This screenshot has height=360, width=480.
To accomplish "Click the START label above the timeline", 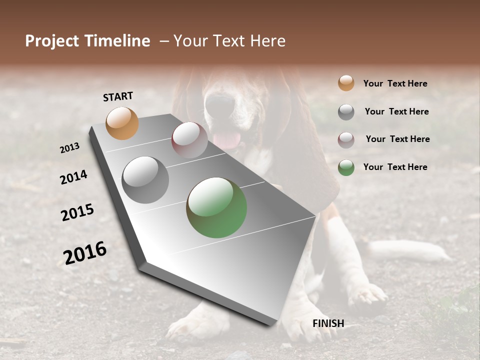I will pos(118,96).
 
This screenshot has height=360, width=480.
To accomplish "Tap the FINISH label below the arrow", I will pos(328,323).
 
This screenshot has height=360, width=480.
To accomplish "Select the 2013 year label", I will pos(70,148).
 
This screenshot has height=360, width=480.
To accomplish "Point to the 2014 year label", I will pos(73,177).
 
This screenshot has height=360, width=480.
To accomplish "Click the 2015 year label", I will pos(77,212).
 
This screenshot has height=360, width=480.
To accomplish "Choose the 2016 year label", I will pos(85,252).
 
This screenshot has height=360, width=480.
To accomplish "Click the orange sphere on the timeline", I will pos(122,123).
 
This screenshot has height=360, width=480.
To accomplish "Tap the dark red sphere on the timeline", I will pos(189,140).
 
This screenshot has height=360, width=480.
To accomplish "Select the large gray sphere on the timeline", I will pos(145,180).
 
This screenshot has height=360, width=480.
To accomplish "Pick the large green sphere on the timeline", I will pos(216,207).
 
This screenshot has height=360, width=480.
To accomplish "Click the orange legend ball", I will pos(346,83).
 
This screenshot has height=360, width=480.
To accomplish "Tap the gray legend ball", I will pos(346,112).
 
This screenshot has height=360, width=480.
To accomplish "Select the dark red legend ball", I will pos(346,140).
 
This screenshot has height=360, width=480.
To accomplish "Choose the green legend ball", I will pos(346,167).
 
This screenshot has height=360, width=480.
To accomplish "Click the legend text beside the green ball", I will pos(395,167).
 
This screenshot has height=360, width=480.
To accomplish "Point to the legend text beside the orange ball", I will pos(395,83).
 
